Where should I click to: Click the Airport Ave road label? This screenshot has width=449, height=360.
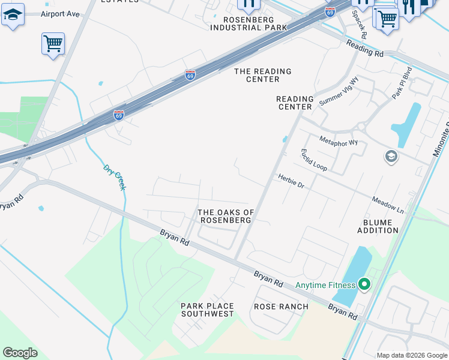(x=60, y=14)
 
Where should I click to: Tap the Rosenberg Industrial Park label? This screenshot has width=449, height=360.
(x=249, y=23)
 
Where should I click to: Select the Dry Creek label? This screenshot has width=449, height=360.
(x=115, y=178)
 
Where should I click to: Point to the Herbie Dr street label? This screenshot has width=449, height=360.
(x=291, y=181)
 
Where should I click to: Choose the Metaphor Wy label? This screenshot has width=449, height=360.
(x=339, y=142)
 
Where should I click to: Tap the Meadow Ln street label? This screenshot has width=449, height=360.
(x=387, y=203)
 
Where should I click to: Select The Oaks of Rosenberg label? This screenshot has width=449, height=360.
(x=226, y=216)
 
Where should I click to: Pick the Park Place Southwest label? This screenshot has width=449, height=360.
(x=207, y=310)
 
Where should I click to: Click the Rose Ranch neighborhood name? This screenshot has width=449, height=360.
(x=281, y=307)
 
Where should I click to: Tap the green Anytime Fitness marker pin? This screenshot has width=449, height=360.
(x=363, y=284)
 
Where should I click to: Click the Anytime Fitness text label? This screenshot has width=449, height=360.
(x=325, y=285)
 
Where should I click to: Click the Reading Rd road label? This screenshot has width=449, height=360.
(x=365, y=48)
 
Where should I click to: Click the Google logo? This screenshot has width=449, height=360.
(x=20, y=353)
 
